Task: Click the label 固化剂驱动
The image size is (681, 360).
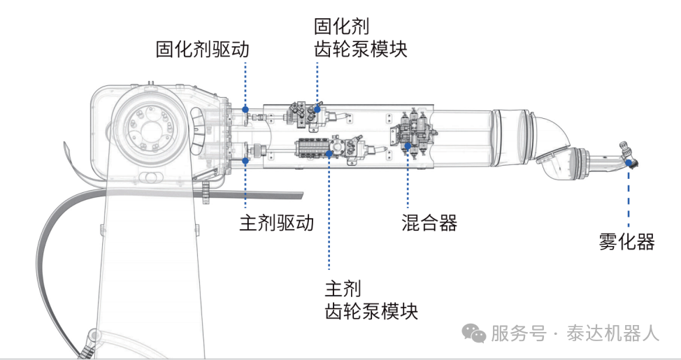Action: pyautogui.click(x=202, y=50)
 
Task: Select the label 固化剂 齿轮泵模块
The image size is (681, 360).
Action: pyautogui.click(x=360, y=38)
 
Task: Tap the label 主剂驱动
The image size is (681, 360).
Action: pyautogui.click(x=276, y=224)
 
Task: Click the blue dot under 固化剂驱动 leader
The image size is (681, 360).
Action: pyautogui.click(x=245, y=109)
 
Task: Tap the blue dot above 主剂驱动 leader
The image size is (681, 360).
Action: pyautogui.click(x=245, y=161)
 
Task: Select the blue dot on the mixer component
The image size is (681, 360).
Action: pyautogui.click(x=408, y=145)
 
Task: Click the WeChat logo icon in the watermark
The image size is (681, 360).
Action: pyautogui.click(x=476, y=334)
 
